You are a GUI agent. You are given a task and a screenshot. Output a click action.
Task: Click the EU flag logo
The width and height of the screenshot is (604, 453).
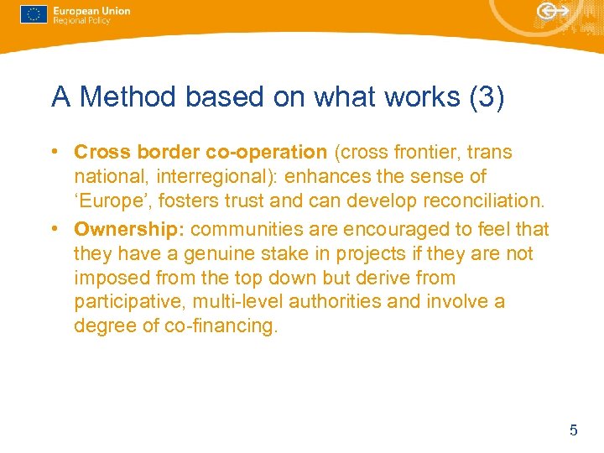tap(34, 15)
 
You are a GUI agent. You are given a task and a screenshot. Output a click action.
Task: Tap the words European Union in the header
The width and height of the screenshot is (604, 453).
tap(91, 11)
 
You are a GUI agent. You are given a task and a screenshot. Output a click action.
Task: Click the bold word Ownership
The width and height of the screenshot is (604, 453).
tap(129, 229)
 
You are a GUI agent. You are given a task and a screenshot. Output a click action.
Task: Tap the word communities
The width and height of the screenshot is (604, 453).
tap(247, 229)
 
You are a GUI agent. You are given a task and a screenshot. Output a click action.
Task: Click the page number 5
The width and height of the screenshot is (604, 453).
tap(574, 430)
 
